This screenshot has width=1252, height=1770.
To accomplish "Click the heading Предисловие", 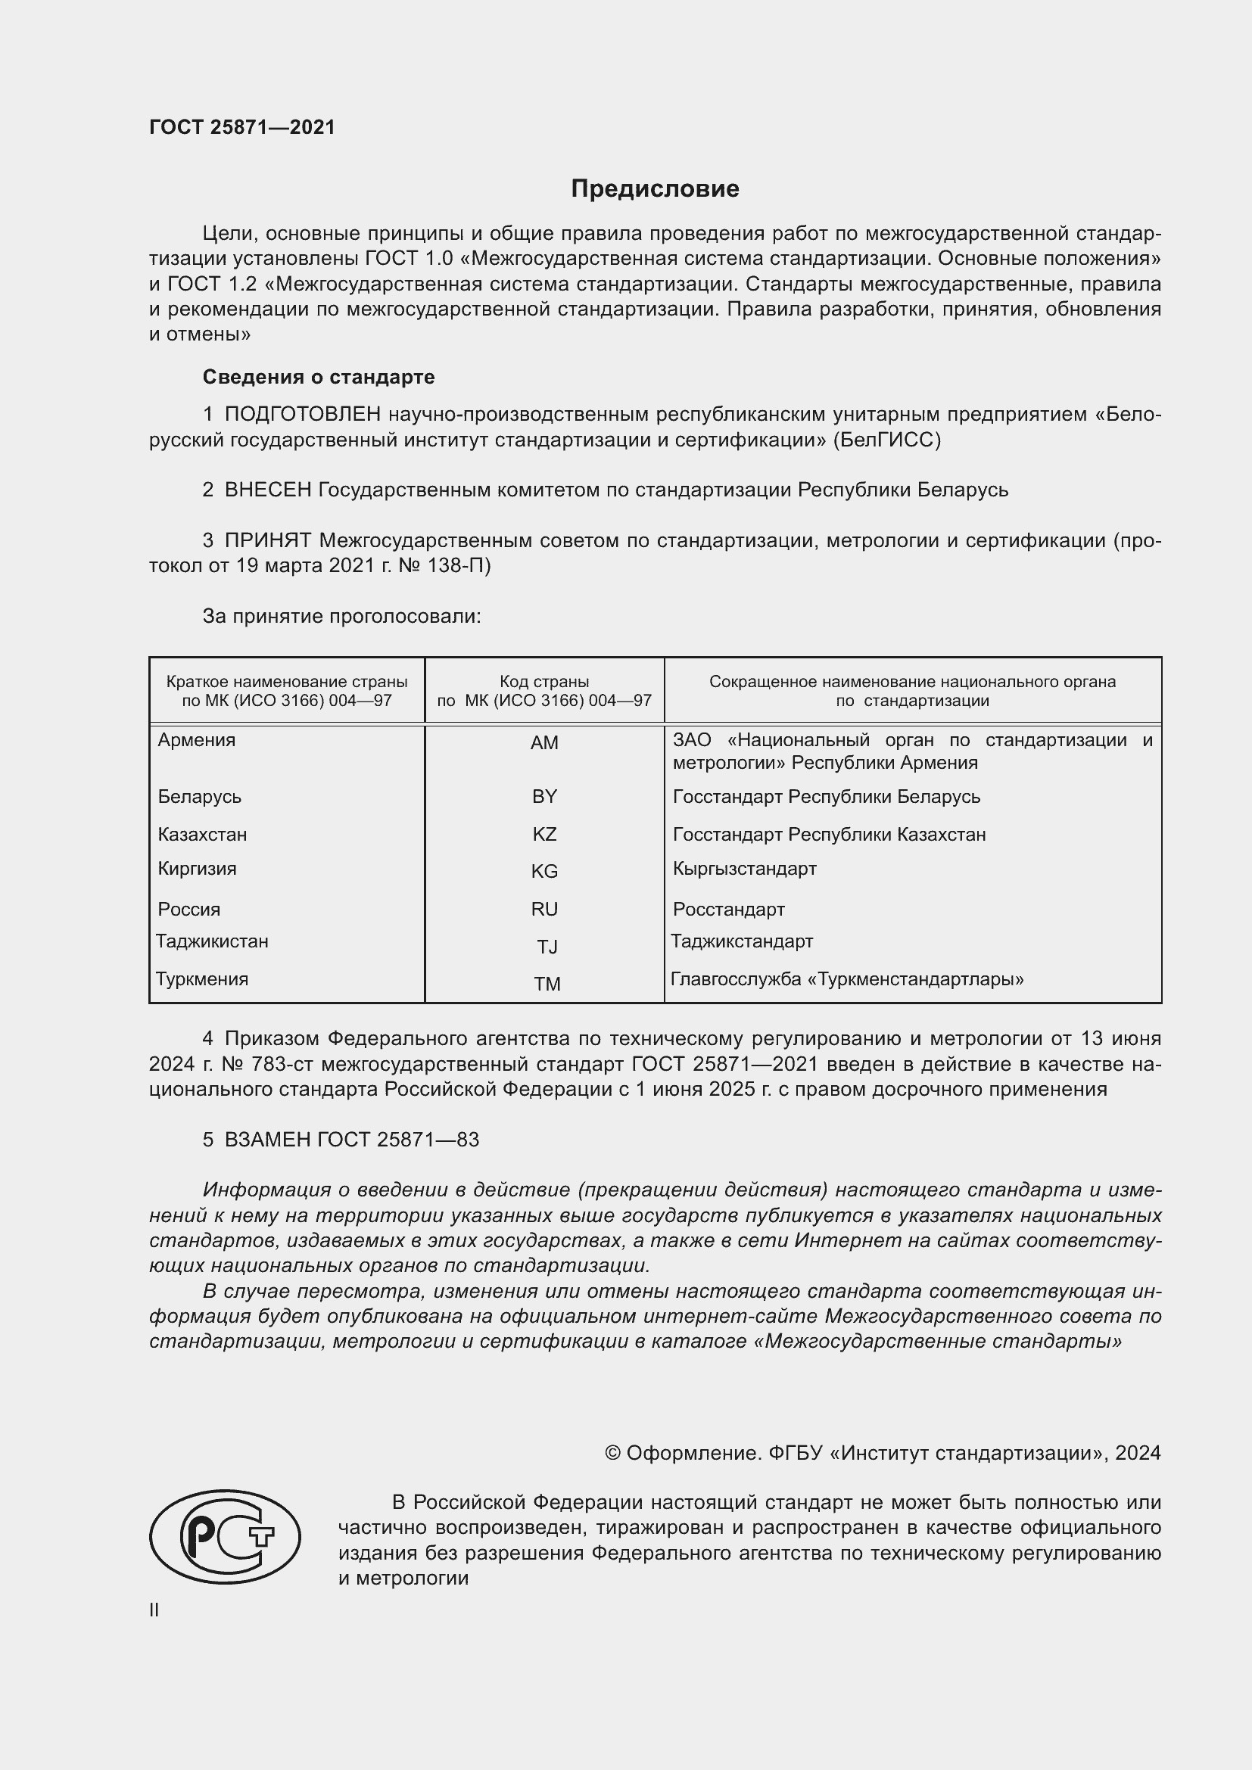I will (x=655, y=189).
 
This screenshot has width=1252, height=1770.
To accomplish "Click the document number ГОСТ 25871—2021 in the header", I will (x=242, y=127).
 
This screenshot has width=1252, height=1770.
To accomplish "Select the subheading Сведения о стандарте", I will (x=319, y=377).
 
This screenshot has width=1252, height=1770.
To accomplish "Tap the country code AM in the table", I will (x=544, y=742).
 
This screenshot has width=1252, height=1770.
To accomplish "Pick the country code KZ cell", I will (x=544, y=834).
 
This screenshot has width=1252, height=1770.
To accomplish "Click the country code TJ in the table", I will (x=547, y=947).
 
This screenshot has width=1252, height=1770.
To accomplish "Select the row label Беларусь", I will (x=200, y=796).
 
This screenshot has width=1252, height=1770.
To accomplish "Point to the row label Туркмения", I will (x=202, y=979).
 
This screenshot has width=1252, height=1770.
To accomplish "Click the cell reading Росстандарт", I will (x=728, y=909).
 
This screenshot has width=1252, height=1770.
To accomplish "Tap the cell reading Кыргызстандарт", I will (x=744, y=868).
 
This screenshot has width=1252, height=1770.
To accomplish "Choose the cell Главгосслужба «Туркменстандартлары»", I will (x=846, y=979).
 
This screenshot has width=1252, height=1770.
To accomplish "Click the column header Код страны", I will (x=544, y=682).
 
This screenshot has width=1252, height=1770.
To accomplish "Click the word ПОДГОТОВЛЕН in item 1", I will (x=302, y=414).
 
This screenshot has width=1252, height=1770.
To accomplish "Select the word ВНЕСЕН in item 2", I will (x=267, y=490).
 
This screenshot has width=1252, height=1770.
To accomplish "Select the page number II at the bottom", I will (x=154, y=1610).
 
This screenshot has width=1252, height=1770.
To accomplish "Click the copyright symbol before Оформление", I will (x=612, y=1453).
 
